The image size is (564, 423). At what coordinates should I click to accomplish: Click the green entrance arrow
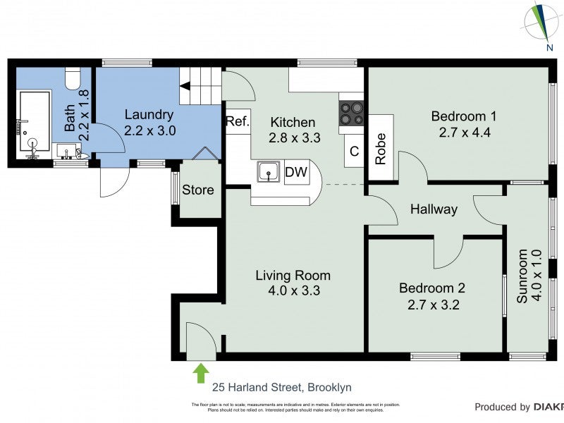pos(201,372)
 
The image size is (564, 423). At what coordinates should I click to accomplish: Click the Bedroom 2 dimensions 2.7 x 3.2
pos(431,305)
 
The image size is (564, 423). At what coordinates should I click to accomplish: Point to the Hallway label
pos(434,209)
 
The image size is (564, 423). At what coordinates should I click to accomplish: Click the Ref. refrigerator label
pos(238,121)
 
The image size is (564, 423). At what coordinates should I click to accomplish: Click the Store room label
pos(198,190)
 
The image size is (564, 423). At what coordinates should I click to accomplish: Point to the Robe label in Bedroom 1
pos(381,149)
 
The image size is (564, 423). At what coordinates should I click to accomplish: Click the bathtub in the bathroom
pos(33,121)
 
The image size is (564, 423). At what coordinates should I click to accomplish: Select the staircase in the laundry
pos(200,86)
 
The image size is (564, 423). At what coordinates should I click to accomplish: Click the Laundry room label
pos(148,115)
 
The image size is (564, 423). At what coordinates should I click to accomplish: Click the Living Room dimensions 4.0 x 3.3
pos(293,290)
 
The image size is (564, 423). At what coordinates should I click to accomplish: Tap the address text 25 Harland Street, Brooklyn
pos(282,387)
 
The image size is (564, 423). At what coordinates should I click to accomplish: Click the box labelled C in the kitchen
pos(354,150)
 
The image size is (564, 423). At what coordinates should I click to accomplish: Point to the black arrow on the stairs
pos(185,87)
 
